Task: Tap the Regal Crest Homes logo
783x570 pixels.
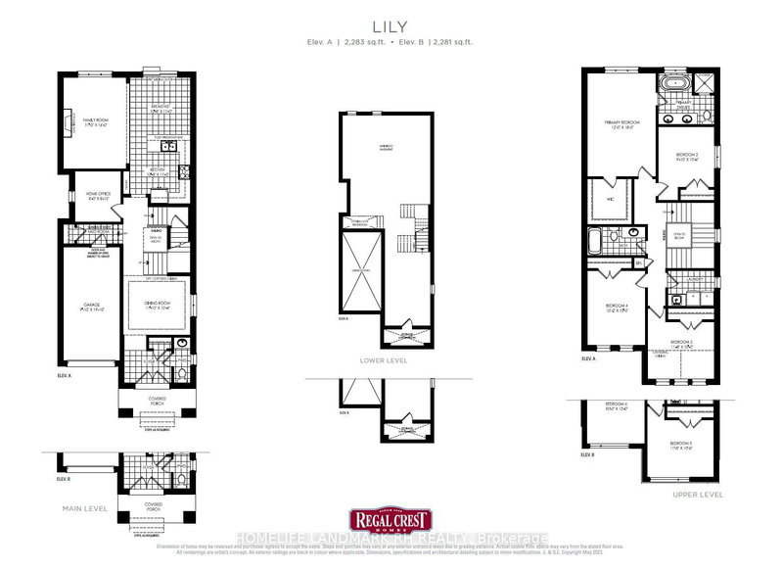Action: tap(391, 520)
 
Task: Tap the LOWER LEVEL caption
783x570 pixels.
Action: tap(391, 359)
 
